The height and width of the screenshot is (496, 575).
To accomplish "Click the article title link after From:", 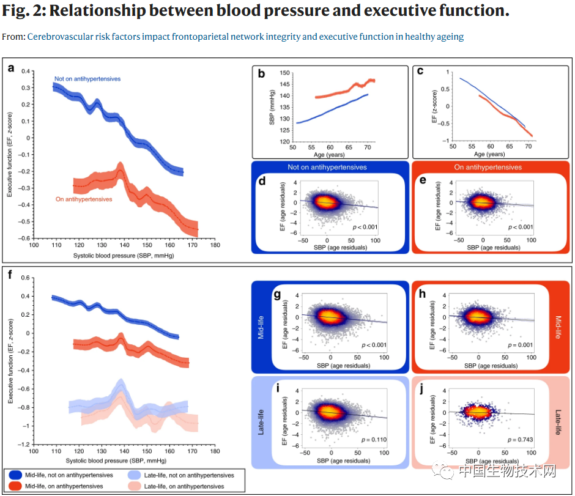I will coord(245,37).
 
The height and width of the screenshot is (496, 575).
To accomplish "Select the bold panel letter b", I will coord(261,74).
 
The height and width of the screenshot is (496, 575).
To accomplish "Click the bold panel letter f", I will coord(10,275).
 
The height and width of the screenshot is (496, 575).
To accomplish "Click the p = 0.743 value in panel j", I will coord(520,440).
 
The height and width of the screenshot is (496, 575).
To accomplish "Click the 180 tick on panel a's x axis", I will coord(215,245).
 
